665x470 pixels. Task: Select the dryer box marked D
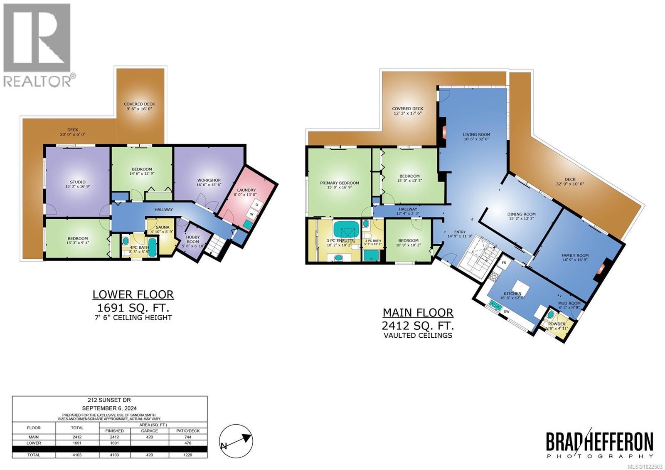pos(256,205)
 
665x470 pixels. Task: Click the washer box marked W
pos(251,215)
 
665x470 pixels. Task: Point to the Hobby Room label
pos(192,239)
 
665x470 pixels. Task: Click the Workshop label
pos(209,180)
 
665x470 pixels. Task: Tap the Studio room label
pos(78,182)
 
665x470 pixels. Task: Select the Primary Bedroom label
pos(340,183)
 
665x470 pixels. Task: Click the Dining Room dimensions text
pos(521,219)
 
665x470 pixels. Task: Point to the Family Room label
pos(575,256)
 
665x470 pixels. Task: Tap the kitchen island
pos(520,287)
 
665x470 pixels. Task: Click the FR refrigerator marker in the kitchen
pos(504,263)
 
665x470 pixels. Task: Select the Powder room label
pos(557,324)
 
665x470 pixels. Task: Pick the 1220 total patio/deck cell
pos(188,455)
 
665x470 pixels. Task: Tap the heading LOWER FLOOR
pos(133,295)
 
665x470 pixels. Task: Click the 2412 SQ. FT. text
pos(418,325)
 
